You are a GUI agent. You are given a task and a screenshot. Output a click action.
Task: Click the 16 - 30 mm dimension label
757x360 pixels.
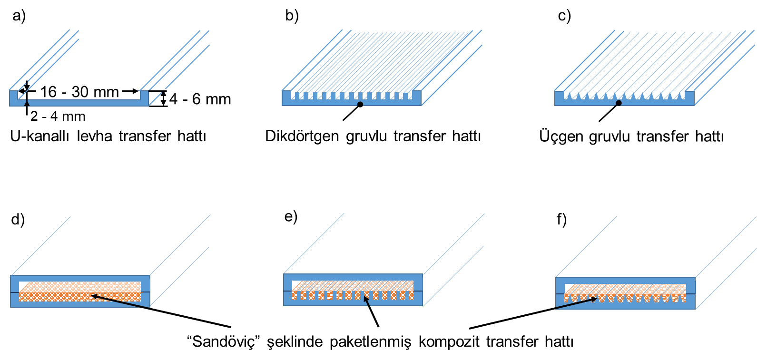click(79, 91)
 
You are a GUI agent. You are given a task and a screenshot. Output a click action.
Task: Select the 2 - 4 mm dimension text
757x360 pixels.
click(52, 116)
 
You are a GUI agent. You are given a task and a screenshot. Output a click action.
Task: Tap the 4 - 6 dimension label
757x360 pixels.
click(191, 98)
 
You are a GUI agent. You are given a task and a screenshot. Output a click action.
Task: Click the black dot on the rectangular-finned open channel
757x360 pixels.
click(360, 104)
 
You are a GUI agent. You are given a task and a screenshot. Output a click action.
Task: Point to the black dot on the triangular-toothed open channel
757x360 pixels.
click(619, 103)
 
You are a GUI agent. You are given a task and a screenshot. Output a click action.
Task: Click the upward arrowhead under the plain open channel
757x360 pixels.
click(27, 103)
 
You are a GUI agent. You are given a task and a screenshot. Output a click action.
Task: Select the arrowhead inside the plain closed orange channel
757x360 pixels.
click(94, 296)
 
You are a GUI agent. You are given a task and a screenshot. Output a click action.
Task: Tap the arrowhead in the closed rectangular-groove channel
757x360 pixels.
click(365, 298)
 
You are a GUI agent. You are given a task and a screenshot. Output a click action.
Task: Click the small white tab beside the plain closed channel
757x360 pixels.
click(152, 285)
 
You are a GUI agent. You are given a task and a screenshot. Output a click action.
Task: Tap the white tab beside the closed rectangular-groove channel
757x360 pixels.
click(424, 283)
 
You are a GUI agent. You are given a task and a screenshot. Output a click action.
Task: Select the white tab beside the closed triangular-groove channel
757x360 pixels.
click(698, 287)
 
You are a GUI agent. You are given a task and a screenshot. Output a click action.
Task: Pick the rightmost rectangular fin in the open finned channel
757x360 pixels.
click(410, 96)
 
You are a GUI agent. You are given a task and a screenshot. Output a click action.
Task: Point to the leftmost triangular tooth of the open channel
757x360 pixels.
click(567, 95)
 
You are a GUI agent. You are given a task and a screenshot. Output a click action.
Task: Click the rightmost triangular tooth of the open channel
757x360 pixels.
click(681, 95)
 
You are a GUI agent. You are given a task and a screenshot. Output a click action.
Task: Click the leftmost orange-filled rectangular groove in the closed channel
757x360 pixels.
click(295, 295)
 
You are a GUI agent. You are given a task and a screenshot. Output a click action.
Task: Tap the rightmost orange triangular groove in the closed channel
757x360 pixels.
click(683, 299)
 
